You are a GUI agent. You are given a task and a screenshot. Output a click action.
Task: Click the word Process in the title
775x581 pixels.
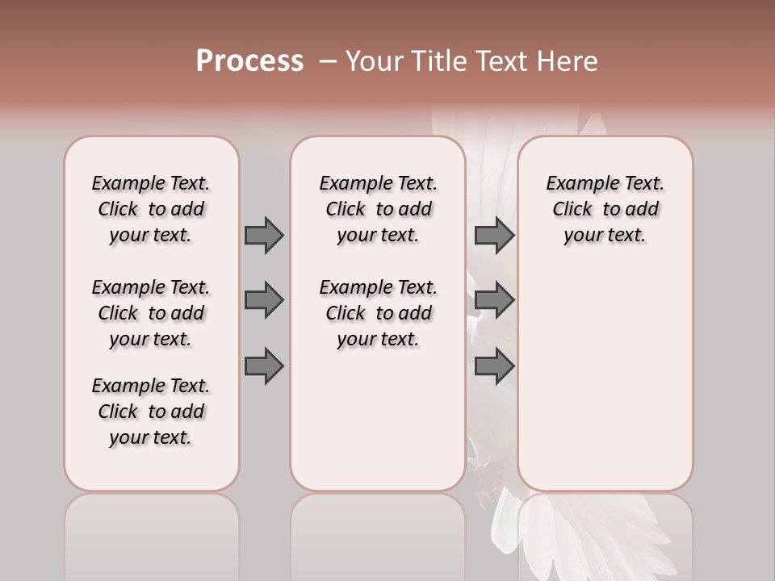coord(249,61)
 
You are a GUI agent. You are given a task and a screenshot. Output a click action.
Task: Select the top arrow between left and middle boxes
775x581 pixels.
coord(264,235)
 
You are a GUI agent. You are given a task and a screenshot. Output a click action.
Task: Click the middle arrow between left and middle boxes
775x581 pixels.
coord(264,300)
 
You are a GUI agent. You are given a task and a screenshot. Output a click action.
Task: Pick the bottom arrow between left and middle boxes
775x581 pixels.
coord(264,366)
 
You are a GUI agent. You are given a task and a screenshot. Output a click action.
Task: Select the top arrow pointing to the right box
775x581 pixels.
coord(494,235)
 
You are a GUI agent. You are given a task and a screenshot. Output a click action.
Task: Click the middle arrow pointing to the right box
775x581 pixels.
coord(494,300)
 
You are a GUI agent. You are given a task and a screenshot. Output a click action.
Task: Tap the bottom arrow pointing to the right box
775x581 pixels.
coord(494,366)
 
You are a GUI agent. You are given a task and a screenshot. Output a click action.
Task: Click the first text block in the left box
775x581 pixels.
coord(151,209)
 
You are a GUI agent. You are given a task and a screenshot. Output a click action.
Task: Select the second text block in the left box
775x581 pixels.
coord(151,313)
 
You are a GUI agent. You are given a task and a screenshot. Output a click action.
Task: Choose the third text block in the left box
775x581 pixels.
coord(151,412)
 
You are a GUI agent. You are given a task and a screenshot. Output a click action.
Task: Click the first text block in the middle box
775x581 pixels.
coord(378,209)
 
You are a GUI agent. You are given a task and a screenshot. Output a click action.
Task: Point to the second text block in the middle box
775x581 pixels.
coord(378,313)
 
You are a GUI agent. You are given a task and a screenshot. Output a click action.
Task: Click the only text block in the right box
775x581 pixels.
coord(605,209)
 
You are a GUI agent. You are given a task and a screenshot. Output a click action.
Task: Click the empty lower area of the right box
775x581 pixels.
coord(605,379)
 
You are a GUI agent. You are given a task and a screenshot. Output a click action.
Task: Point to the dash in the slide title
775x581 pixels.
coord(327,62)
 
